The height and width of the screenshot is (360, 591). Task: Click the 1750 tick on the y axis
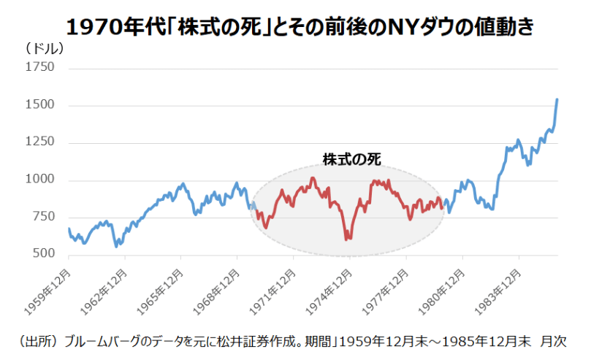coord(39,67)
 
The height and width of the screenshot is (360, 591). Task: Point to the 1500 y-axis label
coord(39,104)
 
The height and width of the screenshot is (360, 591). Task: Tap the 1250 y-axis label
coord(39,142)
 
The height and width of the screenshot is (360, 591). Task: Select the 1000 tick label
coord(39,179)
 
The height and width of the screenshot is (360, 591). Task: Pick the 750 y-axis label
coord(43,217)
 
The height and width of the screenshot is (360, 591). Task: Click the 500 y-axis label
coord(43,253)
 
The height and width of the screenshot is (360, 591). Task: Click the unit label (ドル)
coord(45,48)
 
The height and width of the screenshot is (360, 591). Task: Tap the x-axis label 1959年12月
coord(47,292)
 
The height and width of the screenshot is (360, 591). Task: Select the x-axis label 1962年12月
coord(103,292)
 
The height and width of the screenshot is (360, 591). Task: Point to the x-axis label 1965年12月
coord(160,292)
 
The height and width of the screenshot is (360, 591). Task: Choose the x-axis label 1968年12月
coord(216,292)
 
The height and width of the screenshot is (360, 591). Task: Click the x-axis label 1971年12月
coord(272,292)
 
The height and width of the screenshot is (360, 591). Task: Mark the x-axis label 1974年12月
coord(329,292)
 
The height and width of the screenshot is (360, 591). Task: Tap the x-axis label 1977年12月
coord(385,292)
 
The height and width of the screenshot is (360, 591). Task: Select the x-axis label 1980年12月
coord(441,292)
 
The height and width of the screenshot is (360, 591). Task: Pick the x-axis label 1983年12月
coord(497,292)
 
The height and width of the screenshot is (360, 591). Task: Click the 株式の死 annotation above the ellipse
coord(351,159)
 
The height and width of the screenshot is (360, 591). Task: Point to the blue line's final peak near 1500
coord(557,99)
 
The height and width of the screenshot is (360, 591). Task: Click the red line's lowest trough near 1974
coord(346,239)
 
